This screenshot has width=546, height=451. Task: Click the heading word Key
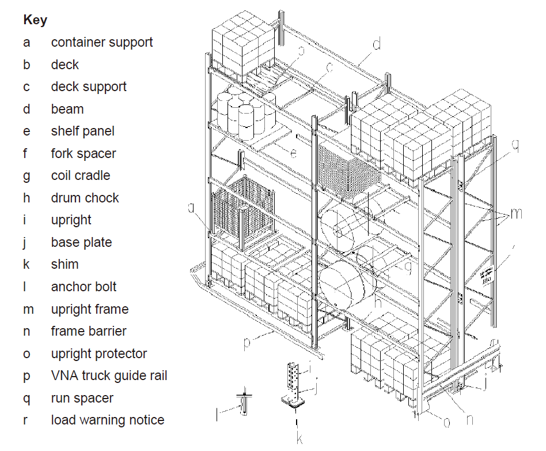point(35,20)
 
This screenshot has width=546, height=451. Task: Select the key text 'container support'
point(102,42)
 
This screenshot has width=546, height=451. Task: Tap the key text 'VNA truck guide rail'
point(109,376)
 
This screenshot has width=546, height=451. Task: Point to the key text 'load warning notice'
point(108,420)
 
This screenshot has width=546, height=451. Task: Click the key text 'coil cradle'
point(81,175)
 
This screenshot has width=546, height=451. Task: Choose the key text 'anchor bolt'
point(84,287)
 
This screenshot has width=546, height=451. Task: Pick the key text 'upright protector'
point(99,354)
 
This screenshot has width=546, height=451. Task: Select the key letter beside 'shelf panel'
point(26,131)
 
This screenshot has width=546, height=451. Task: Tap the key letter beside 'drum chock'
point(26,198)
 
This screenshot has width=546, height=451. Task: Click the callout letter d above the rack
point(376,44)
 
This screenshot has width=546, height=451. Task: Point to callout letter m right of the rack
point(517,213)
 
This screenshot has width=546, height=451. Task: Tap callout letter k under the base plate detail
point(299,438)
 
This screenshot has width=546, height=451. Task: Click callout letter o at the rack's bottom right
point(446,422)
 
